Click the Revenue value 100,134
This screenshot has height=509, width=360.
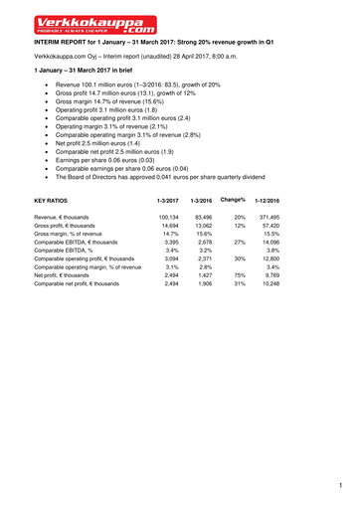tap(166, 216)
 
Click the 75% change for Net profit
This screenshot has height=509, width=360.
tap(239, 274)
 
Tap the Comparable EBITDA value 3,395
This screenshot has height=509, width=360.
tap(169, 245)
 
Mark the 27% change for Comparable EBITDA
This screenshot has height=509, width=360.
tap(239, 245)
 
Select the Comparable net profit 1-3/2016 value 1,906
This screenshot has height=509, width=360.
tap(202, 284)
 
